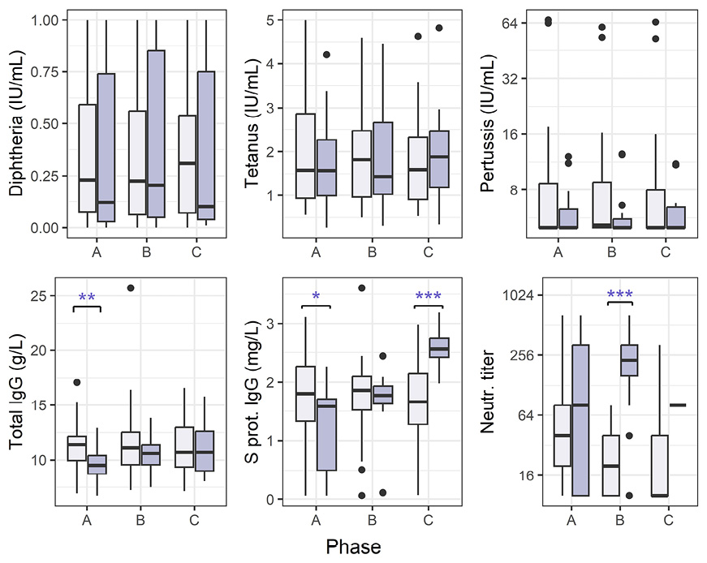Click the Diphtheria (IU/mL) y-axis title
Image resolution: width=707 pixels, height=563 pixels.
16,123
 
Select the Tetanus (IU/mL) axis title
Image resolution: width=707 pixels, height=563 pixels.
254,123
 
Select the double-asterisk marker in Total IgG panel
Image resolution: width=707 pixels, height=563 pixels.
87,299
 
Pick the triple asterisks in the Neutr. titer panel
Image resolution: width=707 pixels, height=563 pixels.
619,294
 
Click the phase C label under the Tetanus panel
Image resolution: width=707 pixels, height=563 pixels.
429,252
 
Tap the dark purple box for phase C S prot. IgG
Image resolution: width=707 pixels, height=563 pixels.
438,347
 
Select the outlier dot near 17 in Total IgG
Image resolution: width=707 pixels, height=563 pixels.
76,382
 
